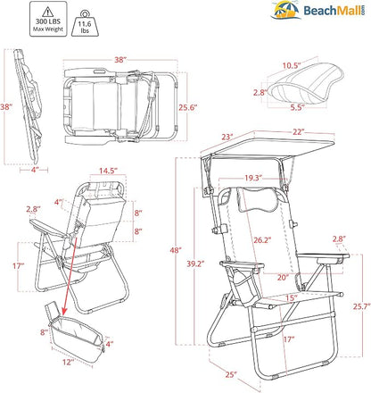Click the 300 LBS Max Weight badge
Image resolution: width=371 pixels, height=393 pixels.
pos(48,19)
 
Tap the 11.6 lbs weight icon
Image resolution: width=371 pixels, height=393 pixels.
pos(85,23)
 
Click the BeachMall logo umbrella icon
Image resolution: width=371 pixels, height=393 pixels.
pos(285,10)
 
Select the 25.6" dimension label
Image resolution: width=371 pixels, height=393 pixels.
pos(188,107)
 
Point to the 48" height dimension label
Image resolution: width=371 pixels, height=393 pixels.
pos(176,250)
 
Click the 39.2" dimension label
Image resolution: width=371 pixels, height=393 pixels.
pos(196,263)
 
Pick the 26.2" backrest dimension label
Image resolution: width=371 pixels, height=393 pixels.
pos(262,239)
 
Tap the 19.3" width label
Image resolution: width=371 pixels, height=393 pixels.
pos(253,178)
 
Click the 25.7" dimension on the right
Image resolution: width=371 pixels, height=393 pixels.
pos(362,306)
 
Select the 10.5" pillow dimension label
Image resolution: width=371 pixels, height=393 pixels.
pos(292,65)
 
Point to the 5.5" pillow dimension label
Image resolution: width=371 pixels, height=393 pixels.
pos(298,107)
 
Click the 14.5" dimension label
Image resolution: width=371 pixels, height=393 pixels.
pos(108,171)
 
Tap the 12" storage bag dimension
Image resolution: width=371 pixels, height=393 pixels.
pos(68,362)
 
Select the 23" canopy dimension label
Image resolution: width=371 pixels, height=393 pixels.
pos(227,137)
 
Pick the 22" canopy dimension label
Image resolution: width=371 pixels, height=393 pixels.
pos(299,131)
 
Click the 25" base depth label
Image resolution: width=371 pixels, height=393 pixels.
pos(231,374)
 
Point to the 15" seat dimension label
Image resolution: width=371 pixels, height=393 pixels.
pos(292,297)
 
